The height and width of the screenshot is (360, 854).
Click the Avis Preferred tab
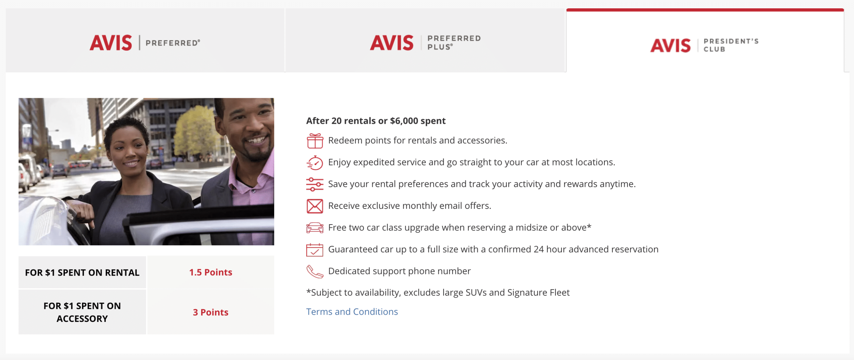pyautogui.click(x=145, y=40)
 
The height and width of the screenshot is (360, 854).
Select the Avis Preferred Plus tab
pyautogui.click(x=425, y=40)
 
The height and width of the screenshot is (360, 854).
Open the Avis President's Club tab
pyautogui.click(x=705, y=41)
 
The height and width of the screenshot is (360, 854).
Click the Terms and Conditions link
pyautogui.click(x=352, y=312)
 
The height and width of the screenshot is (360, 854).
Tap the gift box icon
pyautogui.click(x=315, y=140)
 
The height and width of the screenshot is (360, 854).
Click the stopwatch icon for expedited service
pyautogui.click(x=315, y=162)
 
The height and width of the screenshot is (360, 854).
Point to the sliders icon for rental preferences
pyautogui.click(x=315, y=184)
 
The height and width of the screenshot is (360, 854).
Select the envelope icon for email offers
pyautogui.click(x=315, y=206)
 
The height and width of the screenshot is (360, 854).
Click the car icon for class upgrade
pyautogui.click(x=315, y=228)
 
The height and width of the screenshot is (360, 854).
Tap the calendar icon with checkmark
pyautogui.click(x=315, y=250)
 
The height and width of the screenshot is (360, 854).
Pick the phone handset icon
pyautogui.click(x=315, y=271)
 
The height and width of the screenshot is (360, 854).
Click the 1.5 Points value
pyautogui.click(x=210, y=272)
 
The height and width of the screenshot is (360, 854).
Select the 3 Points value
pyautogui.click(x=210, y=312)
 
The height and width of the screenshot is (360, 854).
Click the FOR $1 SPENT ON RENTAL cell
pyautogui.click(x=82, y=272)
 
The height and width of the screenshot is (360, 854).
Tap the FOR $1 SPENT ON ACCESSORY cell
pyautogui.click(x=82, y=312)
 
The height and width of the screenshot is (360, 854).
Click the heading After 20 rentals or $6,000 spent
pyautogui.click(x=376, y=121)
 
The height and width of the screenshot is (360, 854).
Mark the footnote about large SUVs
pyautogui.click(x=438, y=293)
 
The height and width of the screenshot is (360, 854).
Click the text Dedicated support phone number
pyautogui.click(x=399, y=271)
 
